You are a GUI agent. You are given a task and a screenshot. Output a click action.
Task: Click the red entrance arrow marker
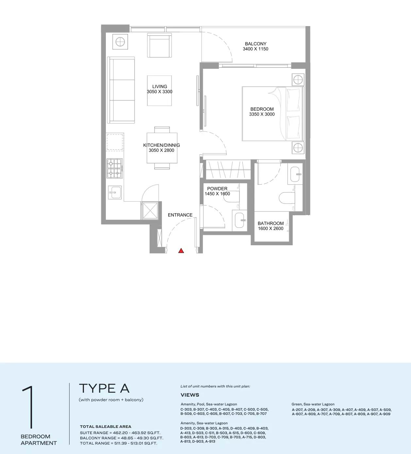pyautogui.click(x=181, y=251)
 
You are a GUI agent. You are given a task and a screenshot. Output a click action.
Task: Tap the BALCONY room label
pyautogui.click(x=255, y=44)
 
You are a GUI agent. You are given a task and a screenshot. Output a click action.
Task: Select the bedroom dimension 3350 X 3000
pyautogui.click(x=262, y=114)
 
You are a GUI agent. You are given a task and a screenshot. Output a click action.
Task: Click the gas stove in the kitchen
pyautogui.click(x=114, y=168)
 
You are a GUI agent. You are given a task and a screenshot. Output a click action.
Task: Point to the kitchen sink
pyautogui.click(x=114, y=192)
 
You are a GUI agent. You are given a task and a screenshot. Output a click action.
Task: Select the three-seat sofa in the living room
pyautogui.click(x=122, y=90)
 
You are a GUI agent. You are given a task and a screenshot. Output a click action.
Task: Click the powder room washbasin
pyautogui.click(x=240, y=220)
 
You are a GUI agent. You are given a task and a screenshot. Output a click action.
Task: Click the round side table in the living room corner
pyautogui.click(x=120, y=41)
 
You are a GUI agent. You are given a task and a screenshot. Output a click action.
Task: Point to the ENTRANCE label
pyautogui.click(x=180, y=215)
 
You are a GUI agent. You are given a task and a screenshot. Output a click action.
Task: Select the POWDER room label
pyautogui.click(x=217, y=189)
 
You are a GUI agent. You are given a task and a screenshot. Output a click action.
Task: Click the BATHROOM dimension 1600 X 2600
pyautogui.click(x=271, y=229)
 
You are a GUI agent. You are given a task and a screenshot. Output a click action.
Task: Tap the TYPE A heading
pyautogui.click(x=104, y=388)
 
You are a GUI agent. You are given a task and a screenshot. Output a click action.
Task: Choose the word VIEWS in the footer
pyautogui.click(x=190, y=395)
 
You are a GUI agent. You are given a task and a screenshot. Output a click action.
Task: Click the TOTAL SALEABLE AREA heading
pyautogui.click(x=106, y=427)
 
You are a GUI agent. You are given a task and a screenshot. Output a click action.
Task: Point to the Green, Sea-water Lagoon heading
pyautogui.click(x=313, y=404)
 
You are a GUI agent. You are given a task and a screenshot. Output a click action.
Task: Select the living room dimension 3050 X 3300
pyautogui.click(x=159, y=92)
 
